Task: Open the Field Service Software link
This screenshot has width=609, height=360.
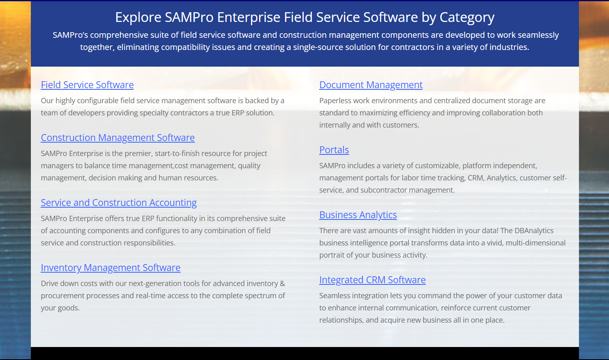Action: pyautogui.click(x=87, y=85)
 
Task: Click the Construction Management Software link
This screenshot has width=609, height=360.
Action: pyautogui.click(x=118, y=138)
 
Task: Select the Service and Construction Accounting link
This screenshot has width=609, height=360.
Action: pyautogui.click(x=119, y=203)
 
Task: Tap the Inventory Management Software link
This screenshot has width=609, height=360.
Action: pyautogui.click(x=110, y=268)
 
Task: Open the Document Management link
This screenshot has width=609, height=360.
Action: pyautogui.click(x=371, y=85)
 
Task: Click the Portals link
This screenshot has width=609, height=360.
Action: pyautogui.click(x=334, y=150)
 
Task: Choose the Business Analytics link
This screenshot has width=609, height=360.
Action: pyautogui.click(x=358, y=215)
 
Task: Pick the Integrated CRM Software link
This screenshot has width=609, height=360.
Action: pyautogui.click(x=372, y=280)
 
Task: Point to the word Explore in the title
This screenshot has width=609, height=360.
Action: pyautogui.click(x=138, y=17)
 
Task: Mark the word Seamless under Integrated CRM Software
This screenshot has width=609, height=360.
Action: pyautogui.click(x=335, y=296)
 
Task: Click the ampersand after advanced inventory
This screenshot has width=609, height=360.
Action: pyautogui.click(x=283, y=284)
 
